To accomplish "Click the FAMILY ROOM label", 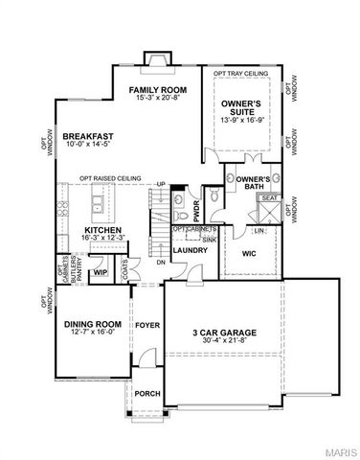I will pyautogui.click(x=158, y=89).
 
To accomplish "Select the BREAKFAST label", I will pyautogui.click(x=89, y=137).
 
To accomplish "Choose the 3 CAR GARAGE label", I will pyautogui.click(x=221, y=333).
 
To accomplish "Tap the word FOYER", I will pyautogui.click(x=146, y=324).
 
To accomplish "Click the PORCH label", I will pyautogui.click(x=146, y=393).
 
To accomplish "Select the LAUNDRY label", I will pyautogui.click(x=191, y=251).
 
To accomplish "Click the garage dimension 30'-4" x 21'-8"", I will pyautogui.click(x=221, y=342).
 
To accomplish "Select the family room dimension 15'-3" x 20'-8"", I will pyautogui.click(x=158, y=99).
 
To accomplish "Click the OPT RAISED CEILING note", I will pyautogui.click(x=112, y=177).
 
